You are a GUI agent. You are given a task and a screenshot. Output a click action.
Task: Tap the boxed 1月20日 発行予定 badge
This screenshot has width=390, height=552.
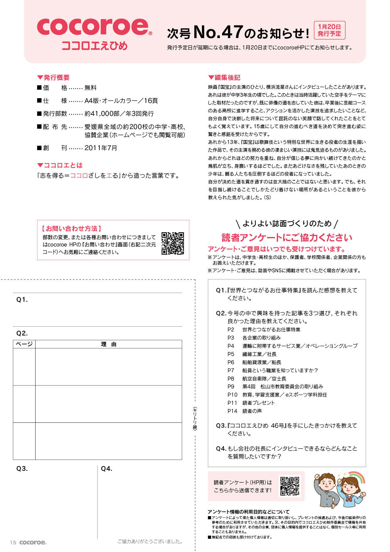[329, 30]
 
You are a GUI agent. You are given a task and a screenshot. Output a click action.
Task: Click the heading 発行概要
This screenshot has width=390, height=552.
[53, 77]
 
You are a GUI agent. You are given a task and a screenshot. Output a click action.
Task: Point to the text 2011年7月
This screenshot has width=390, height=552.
[101, 148]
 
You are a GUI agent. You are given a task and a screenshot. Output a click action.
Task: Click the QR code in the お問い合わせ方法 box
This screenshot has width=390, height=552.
[173, 243]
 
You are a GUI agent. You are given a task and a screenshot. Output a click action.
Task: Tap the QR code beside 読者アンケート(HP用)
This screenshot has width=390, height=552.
[290, 486]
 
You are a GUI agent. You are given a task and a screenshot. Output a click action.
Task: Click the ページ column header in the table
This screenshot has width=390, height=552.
[24, 344]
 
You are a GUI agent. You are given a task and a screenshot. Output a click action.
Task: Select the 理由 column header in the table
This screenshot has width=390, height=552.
[109, 344]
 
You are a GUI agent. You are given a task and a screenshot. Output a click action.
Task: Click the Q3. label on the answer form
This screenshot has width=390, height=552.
[22, 469]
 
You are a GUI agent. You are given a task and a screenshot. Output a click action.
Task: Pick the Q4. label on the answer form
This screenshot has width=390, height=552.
[107, 469]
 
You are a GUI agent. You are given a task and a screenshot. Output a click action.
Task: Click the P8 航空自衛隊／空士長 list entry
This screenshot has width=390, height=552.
[257, 379]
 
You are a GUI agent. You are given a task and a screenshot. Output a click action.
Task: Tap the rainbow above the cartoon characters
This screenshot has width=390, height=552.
[357, 477]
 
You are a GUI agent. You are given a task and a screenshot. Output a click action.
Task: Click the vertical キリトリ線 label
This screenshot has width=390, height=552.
[195, 418]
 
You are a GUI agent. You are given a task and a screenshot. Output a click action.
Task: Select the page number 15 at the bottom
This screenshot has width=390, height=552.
[13, 542]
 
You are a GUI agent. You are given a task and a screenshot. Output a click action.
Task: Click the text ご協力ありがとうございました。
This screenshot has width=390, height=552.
[150, 541]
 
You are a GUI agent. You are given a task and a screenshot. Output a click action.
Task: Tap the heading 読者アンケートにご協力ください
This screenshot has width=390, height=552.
[287, 237]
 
